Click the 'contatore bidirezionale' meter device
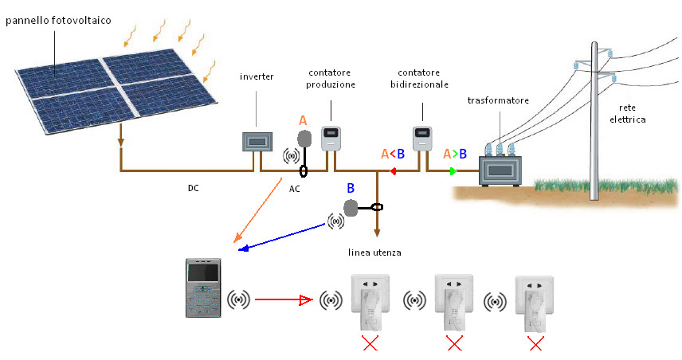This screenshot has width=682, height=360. tap(421, 137)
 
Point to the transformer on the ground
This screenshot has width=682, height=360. tap(499, 168)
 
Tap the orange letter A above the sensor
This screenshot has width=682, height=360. tap(303, 120)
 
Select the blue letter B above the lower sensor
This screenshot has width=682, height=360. tap(350, 189)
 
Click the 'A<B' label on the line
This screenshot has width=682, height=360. tap(393, 154)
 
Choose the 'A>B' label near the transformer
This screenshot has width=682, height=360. tap(455, 154)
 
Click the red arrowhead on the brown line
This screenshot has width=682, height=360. tap(393, 171)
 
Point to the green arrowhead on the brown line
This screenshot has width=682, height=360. tap(453, 171)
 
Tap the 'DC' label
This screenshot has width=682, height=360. tap(194, 189)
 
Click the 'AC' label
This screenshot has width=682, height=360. tap(295, 189)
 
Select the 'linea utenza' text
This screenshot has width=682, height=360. tap(374, 252)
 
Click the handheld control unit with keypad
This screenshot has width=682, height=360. tap(202, 288)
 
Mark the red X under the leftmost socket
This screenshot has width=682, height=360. tap(370, 343)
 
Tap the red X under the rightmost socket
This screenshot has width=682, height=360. tap(536, 343)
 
